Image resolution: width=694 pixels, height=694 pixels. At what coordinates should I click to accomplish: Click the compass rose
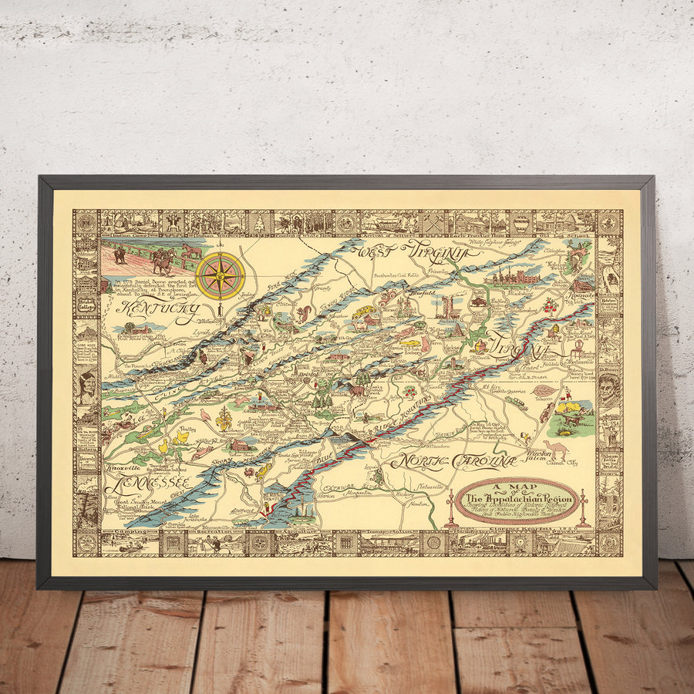click(220, 275)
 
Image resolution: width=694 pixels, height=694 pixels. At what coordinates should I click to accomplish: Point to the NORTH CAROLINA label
click(453, 461)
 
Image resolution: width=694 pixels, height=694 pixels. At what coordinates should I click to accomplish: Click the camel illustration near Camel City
click(557, 449)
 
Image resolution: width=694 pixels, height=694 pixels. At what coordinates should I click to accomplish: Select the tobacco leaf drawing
click(545, 392)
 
